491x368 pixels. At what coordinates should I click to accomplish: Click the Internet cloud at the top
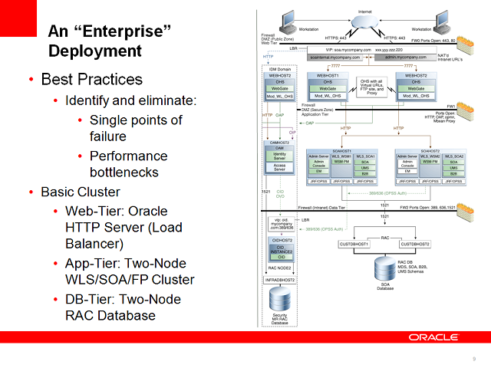pyautogui.click(x=365, y=24)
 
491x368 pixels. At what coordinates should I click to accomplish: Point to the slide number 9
pyautogui.click(x=474, y=359)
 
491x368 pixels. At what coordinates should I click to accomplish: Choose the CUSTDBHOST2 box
pyautogui.click(x=414, y=244)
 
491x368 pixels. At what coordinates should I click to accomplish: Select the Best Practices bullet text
pyautogui.click(x=91, y=80)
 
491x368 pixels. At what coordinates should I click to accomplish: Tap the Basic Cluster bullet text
pyautogui.click(x=80, y=192)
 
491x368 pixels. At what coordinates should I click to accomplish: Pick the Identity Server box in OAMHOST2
pyautogui.click(x=280, y=156)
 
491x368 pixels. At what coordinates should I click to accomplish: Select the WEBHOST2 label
pyautogui.click(x=417, y=75)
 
